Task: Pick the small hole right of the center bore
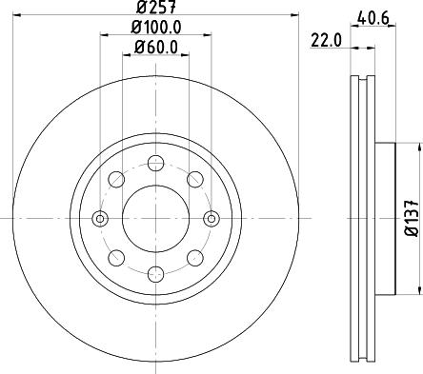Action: (211, 219)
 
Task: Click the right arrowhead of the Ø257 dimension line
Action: (296, 18)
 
